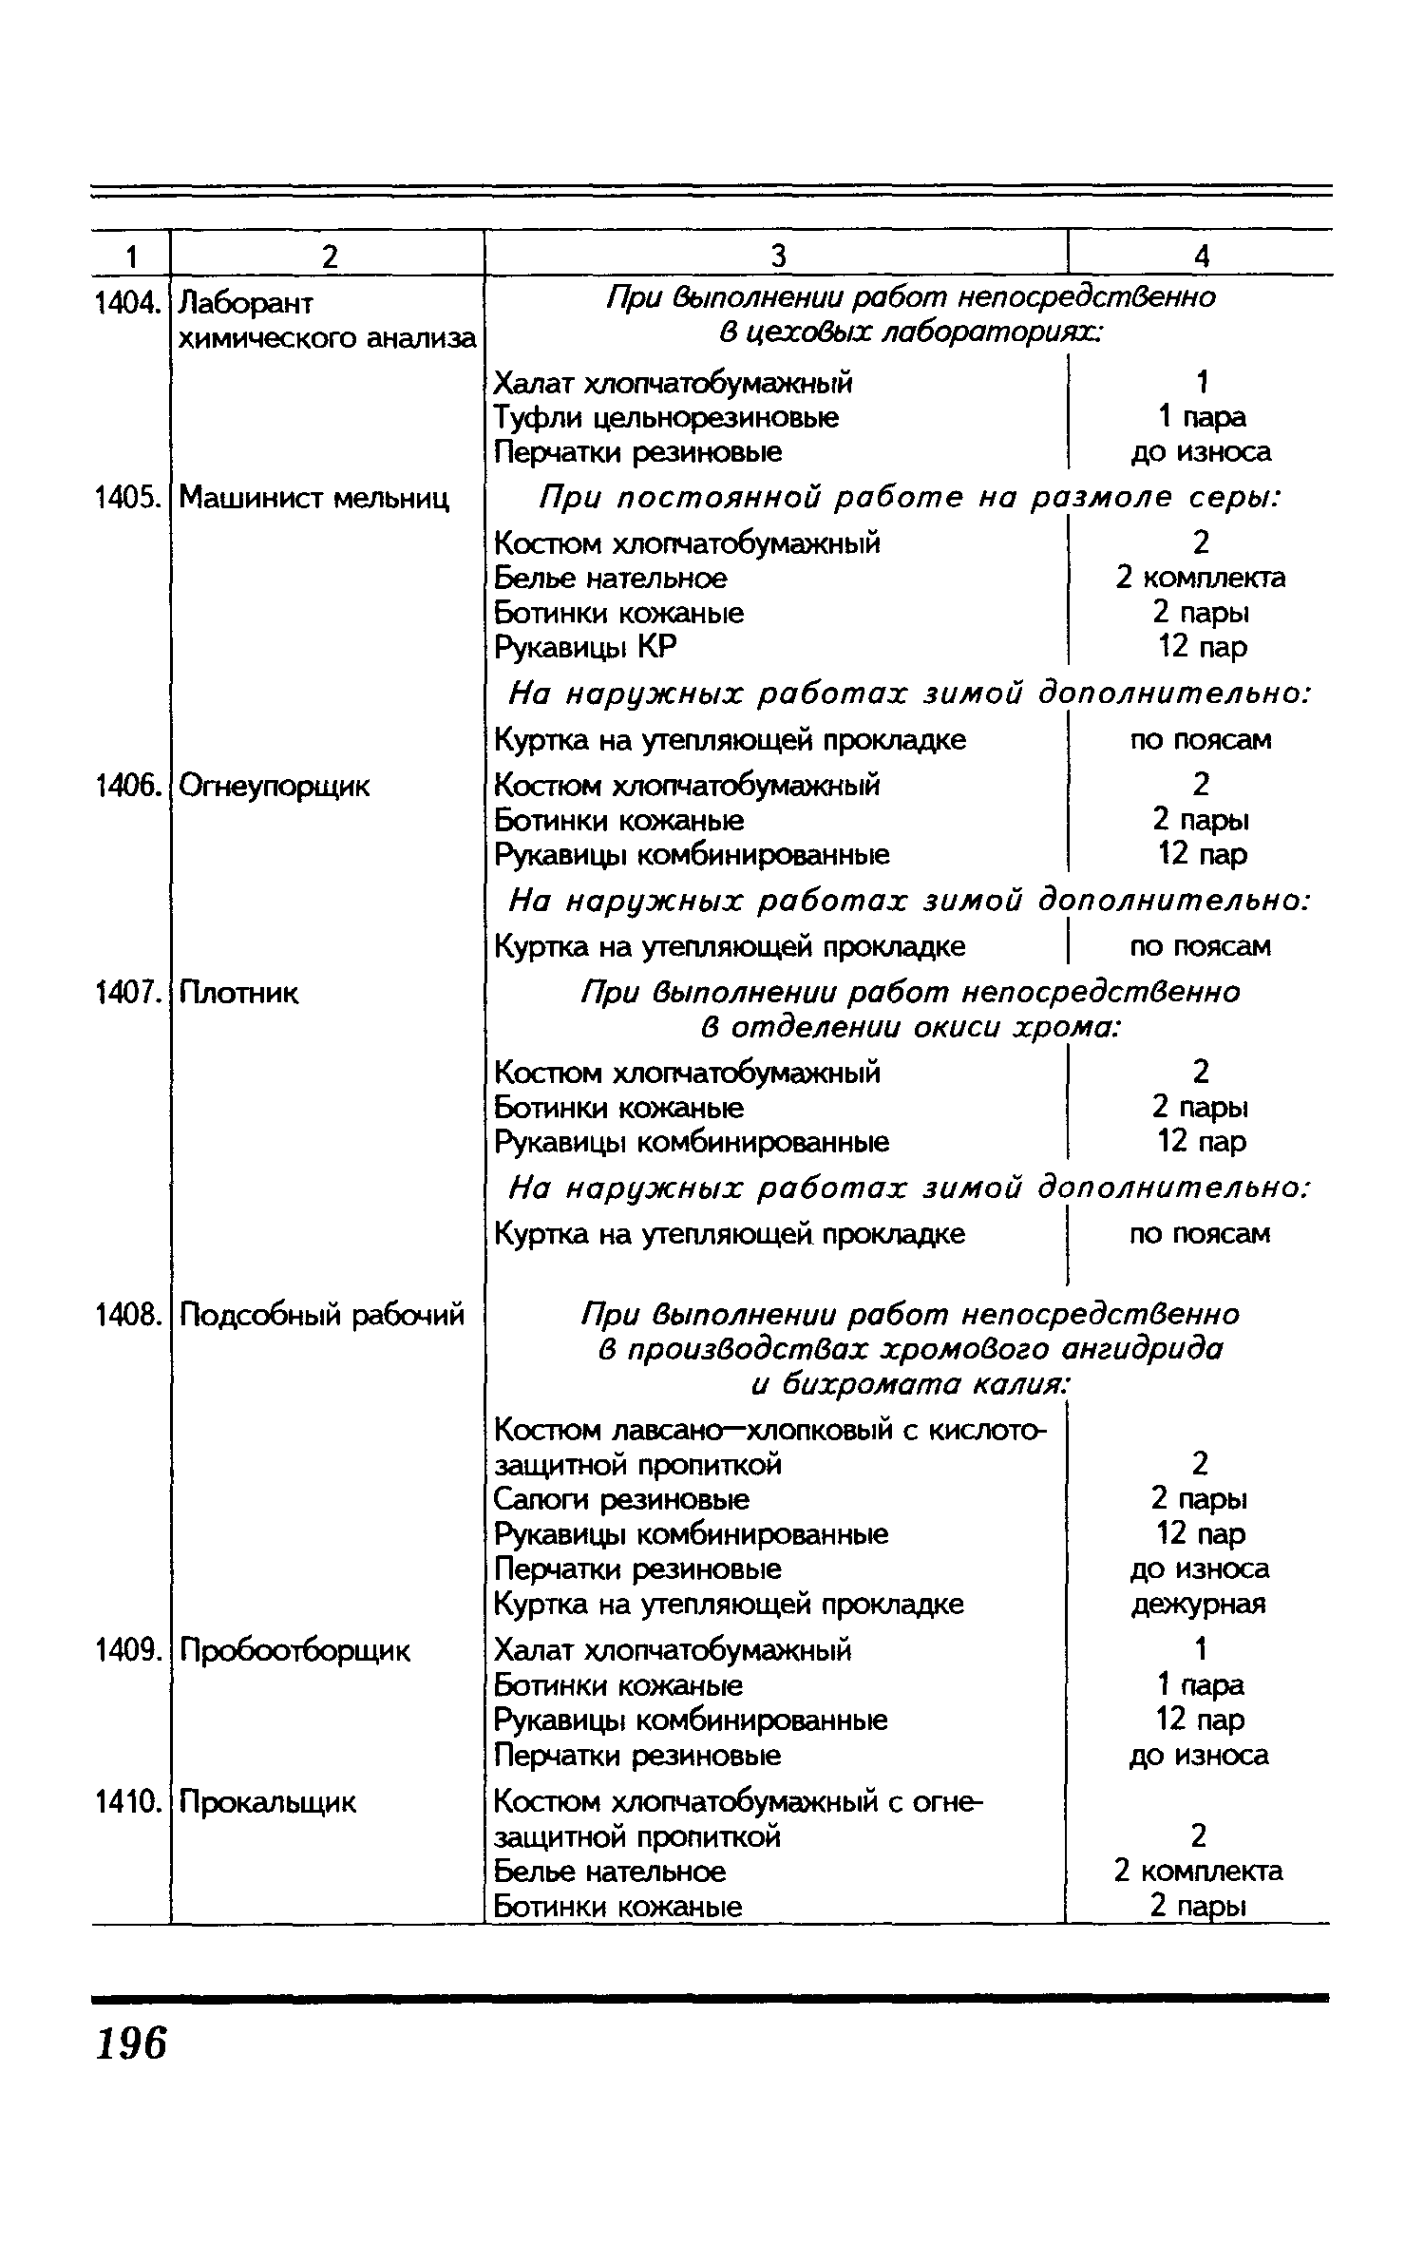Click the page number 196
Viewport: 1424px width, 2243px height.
[131, 2043]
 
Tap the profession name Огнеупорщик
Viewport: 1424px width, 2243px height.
[275, 787]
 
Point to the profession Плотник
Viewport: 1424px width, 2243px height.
[238, 994]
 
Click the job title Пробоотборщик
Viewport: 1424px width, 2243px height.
[294, 1651]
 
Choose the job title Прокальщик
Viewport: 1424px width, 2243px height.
[267, 1801]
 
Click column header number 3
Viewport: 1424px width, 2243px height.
[777, 256]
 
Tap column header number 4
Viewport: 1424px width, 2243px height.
[1201, 256]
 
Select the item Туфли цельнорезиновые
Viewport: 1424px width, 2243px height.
[667, 417]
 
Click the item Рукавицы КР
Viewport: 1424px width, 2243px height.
[586, 648]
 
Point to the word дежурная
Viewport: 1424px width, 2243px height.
[1199, 1605]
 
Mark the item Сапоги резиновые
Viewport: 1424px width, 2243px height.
[621, 1500]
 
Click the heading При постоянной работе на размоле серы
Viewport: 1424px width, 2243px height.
[909, 498]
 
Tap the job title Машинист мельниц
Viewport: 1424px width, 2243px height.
[313, 497]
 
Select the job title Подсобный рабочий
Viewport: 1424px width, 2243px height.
[321, 1315]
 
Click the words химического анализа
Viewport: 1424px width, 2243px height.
[328, 338]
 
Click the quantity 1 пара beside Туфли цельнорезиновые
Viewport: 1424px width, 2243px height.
[1201, 417]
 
